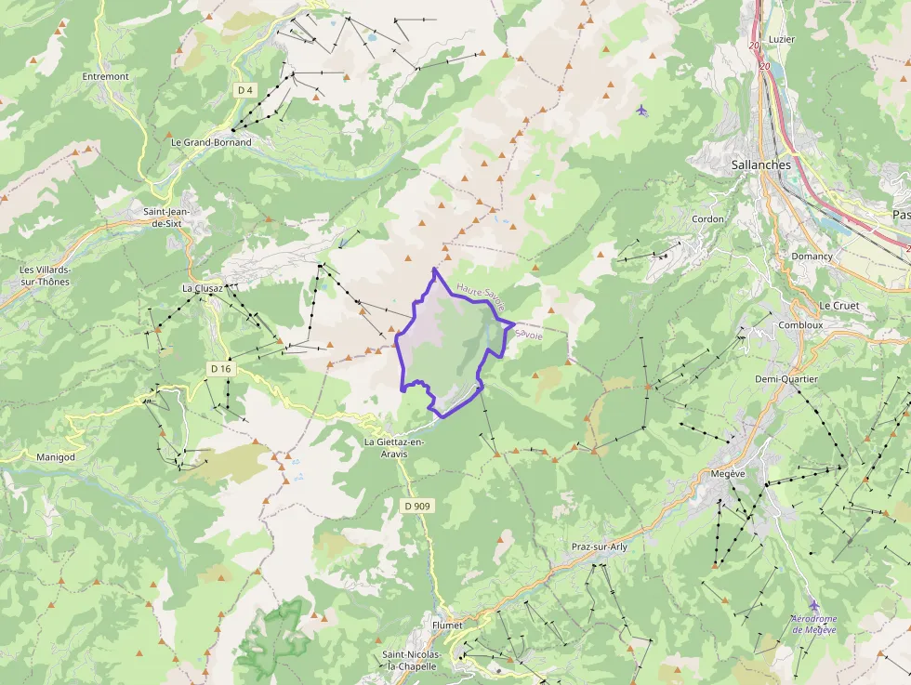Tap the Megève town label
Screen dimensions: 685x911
(728, 474)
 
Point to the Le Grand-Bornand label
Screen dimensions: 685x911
(211, 142)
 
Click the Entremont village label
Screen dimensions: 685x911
(105, 76)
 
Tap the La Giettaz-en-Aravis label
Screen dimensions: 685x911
(394, 447)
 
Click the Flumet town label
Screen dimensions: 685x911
(447, 626)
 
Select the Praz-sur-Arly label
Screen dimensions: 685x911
(599, 547)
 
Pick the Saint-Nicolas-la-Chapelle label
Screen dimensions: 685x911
(416, 660)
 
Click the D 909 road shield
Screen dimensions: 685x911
(418, 506)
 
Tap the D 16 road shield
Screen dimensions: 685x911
(220, 369)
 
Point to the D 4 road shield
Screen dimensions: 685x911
(244, 90)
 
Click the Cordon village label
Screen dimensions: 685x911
(708, 219)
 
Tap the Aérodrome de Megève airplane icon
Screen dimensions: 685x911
(814, 604)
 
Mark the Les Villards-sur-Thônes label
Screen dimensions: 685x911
(45, 276)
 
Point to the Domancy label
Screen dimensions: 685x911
(812, 256)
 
